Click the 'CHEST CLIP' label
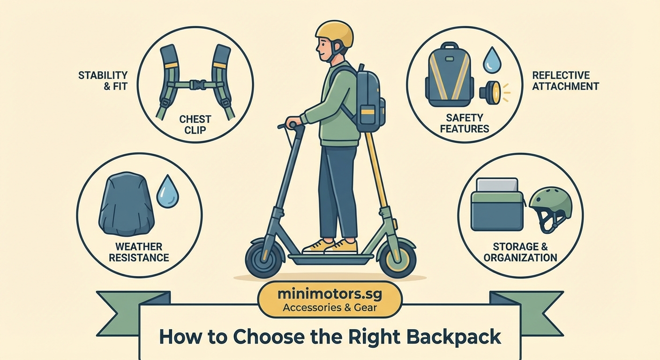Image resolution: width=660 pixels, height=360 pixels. tap(195, 124)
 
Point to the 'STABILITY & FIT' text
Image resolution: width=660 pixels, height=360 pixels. tap(103, 80)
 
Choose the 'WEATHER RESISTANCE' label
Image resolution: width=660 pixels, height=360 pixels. tap(139, 252)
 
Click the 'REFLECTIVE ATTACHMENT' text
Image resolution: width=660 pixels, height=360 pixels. tap(565, 81)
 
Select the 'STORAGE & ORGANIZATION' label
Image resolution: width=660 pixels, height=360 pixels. tap(520, 252)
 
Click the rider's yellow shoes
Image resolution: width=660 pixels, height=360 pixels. tap(331, 246)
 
